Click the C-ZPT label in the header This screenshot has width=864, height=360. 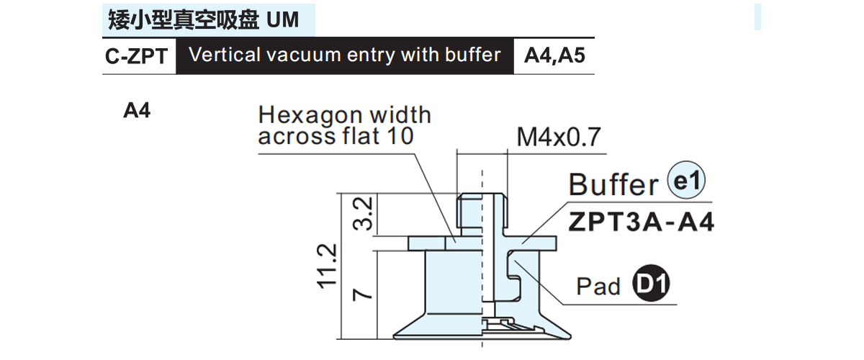click(x=136, y=56)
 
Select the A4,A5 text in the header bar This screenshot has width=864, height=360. click(x=554, y=55)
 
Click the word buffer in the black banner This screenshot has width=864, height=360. click(x=472, y=55)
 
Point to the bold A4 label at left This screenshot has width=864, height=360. click(x=137, y=110)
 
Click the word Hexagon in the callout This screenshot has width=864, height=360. click(x=310, y=116)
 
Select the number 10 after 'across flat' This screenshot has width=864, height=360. click(x=400, y=136)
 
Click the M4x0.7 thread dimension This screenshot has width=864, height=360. click(x=559, y=137)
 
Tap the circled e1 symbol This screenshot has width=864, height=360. click(x=686, y=180)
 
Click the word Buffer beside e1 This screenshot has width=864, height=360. click(x=613, y=184)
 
